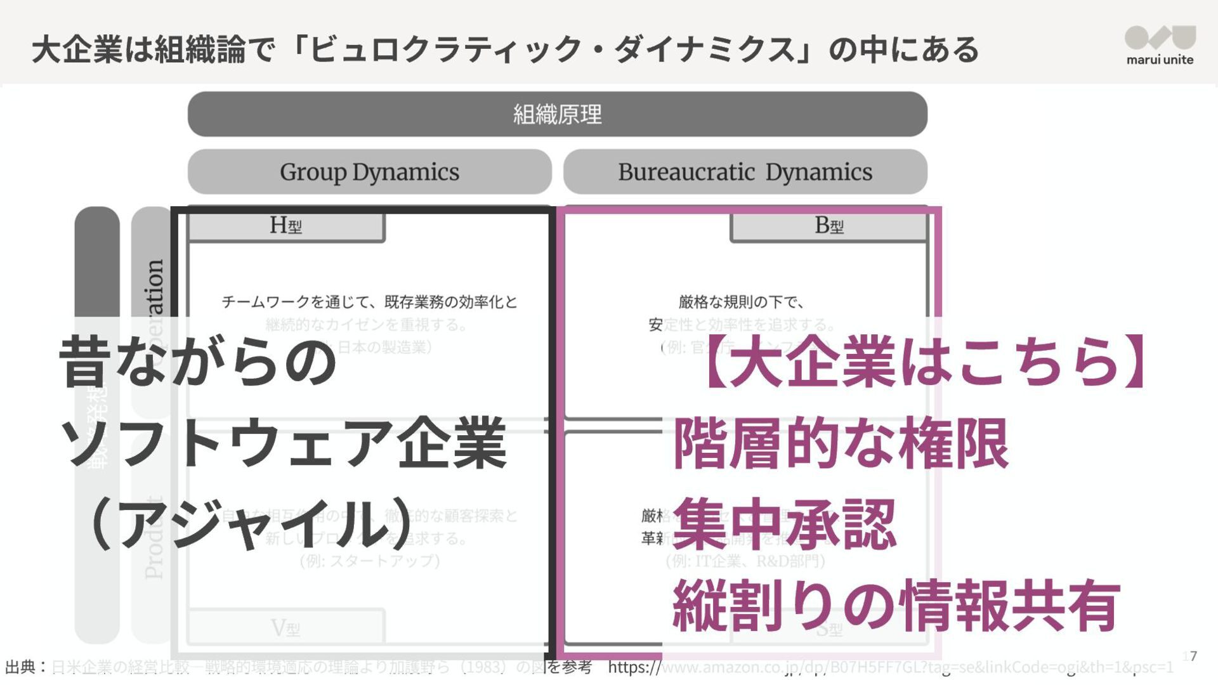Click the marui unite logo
(x=1160, y=45)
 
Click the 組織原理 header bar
(x=557, y=114)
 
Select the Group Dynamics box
(x=369, y=172)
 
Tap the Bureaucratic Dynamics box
(x=745, y=172)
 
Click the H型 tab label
(x=286, y=226)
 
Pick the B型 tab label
(x=828, y=226)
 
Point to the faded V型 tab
(x=285, y=628)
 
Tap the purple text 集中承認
(x=785, y=525)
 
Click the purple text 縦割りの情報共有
(x=896, y=605)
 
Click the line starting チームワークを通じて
(x=369, y=302)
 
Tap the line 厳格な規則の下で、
(x=741, y=302)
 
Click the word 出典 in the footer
(x=20, y=667)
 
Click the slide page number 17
(x=1190, y=656)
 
